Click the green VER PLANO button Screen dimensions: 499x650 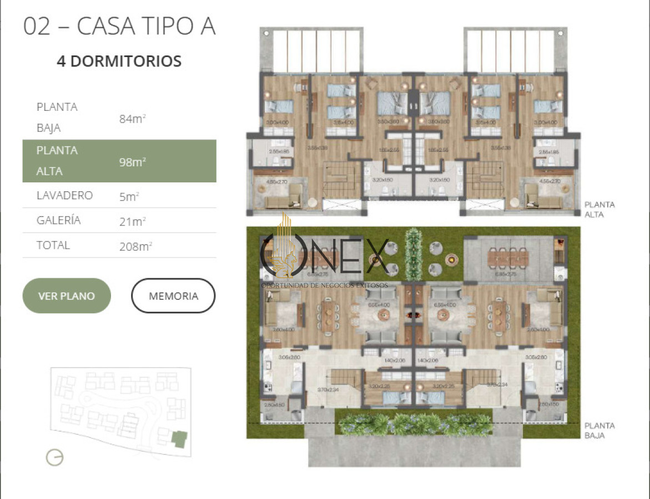pos(67,296)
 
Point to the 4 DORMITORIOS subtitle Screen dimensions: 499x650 pos(119,61)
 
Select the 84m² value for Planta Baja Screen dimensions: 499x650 pos(132,118)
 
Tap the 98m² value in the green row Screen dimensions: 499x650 pos(132,162)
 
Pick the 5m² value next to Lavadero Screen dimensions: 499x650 pos(129,196)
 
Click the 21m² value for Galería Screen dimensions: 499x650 pos(132,221)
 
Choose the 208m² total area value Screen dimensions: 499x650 pos(135,246)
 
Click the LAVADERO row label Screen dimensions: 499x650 pos(64,195)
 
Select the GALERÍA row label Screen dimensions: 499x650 pos(58,220)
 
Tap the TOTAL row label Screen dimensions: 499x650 pos(53,245)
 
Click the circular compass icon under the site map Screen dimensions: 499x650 pos(54,457)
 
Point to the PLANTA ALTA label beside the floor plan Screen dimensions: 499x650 pos(599,209)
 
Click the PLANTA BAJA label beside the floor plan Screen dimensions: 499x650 pos(599,430)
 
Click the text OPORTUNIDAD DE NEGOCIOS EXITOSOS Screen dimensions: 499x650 pos(325,285)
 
